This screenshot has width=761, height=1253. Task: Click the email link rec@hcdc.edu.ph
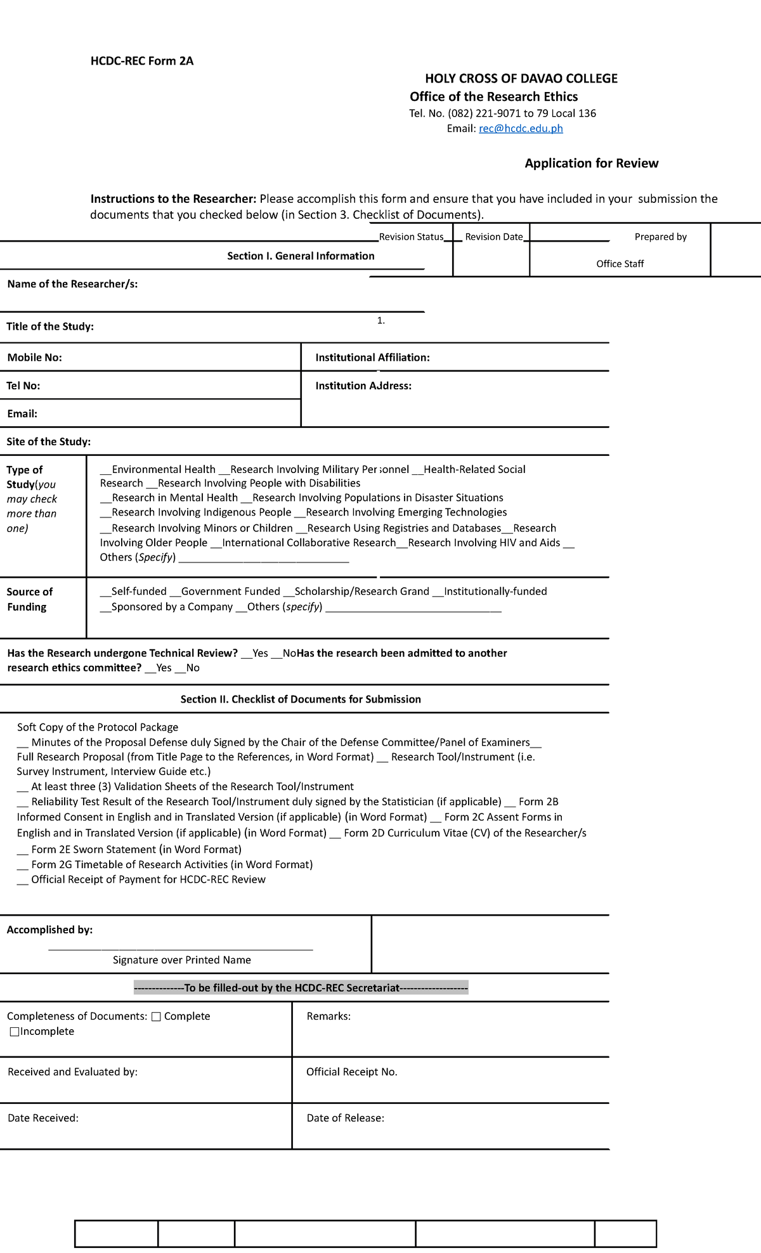click(521, 129)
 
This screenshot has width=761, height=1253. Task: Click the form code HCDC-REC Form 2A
click(142, 62)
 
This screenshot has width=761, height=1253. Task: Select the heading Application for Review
click(591, 164)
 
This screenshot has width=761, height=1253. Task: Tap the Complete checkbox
click(156, 1016)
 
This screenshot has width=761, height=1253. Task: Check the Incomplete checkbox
click(15, 1032)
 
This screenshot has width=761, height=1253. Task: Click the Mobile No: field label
click(34, 358)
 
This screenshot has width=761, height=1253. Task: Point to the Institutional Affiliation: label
click(372, 358)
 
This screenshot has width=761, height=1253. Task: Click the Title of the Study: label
click(50, 327)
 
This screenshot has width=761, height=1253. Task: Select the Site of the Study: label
click(48, 442)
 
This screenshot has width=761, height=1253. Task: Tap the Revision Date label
click(493, 237)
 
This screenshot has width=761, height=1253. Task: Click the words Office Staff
click(620, 264)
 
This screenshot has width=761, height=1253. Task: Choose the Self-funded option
click(134, 592)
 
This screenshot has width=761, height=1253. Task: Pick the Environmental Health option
click(158, 470)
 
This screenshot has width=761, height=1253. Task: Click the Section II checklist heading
click(301, 699)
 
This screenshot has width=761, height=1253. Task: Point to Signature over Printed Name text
click(181, 960)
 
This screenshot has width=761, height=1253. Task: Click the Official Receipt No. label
click(351, 1072)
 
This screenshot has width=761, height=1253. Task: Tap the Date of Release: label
click(345, 1118)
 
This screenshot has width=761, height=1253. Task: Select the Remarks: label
click(328, 1016)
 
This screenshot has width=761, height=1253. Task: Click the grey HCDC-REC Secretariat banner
click(301, 987)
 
